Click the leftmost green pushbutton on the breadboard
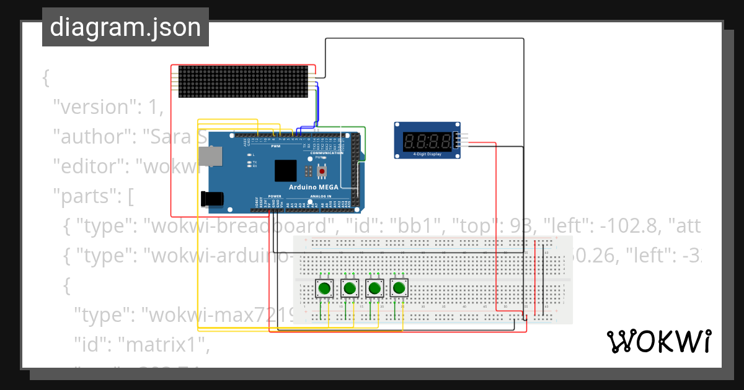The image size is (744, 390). click(x=324, y=288)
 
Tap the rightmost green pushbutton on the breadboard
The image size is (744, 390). click(x=400, y=288)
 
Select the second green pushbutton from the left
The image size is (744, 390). click(x=350, y=288)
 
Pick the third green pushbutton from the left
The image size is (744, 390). click(x=374, y=288)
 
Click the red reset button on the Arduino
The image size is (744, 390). click(x=322, y=170)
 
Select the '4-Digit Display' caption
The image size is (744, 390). click(x=426, y=155)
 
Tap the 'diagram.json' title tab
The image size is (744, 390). click(x=125, y=27)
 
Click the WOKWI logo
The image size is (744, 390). click(x=658, y=341)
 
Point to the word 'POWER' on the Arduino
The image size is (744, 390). click(x=275, y=196)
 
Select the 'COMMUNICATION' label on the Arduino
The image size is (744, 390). click(x=326, y=153)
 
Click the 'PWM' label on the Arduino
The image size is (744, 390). click(x=275, y=147)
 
